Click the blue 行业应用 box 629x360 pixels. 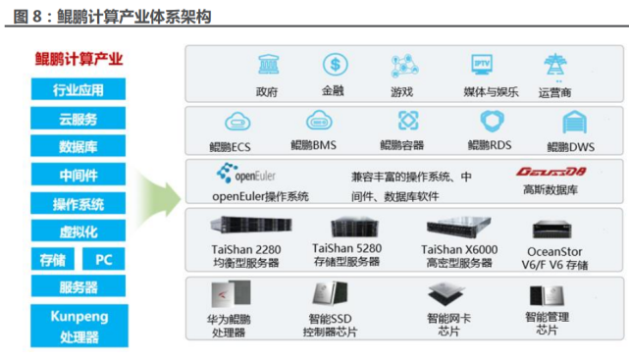[79, 91]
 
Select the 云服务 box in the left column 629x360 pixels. [79, 120]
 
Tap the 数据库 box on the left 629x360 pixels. [79, 148]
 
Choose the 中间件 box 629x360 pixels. [79, 177]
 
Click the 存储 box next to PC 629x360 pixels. [52, 260]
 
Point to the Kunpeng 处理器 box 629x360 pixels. [79, 326]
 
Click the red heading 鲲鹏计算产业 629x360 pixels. [79, 59]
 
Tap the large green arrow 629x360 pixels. [156, 191]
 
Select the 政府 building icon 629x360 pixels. [267, 66]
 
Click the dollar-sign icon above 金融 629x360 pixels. [336, 66]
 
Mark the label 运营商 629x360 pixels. [554, 93]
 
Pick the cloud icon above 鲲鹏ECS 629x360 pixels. [236, 122]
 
